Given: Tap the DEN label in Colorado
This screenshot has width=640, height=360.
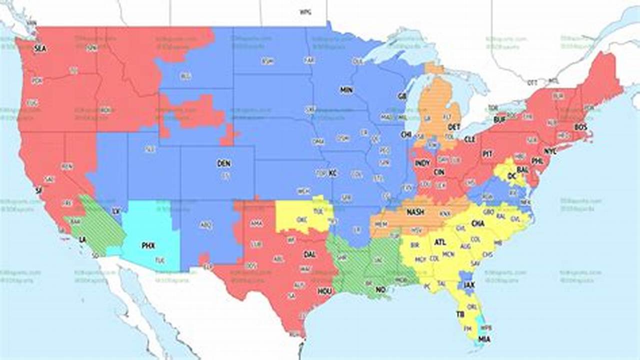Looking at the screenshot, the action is click(x=224, y=163).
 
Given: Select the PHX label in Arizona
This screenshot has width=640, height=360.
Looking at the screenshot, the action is click(x=148, y=245).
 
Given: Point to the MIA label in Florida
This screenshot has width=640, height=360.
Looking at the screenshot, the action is click(x=484, y=339).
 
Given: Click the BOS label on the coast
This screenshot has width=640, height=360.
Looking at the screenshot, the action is click(x=580, y=127).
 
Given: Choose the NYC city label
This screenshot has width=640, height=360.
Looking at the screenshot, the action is click(x=550, y=151).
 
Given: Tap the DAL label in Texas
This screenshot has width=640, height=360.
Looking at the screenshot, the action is click(x=309, y=254).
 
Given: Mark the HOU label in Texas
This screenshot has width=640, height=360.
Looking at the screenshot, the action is click(x=323, y=291).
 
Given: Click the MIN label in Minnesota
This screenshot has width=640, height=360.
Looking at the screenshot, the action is click(x=346, y=90).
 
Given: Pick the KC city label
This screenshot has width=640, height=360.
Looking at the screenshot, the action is click(x=333, y=173).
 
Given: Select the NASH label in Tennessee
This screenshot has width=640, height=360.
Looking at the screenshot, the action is click(x=415, y=212).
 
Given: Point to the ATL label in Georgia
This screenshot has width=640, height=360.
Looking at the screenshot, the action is click(x=440, y=242).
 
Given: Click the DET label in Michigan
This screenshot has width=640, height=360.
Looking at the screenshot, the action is click(x=454, y=127).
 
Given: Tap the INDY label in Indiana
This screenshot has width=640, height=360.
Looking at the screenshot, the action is click(x=422, y=163).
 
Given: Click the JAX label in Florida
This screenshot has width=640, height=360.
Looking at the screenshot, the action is click(x=468, y=285).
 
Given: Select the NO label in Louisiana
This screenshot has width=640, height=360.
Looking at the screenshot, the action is click(x=380, y=289).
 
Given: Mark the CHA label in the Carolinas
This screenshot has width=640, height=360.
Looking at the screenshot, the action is click(x=478, y=223).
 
